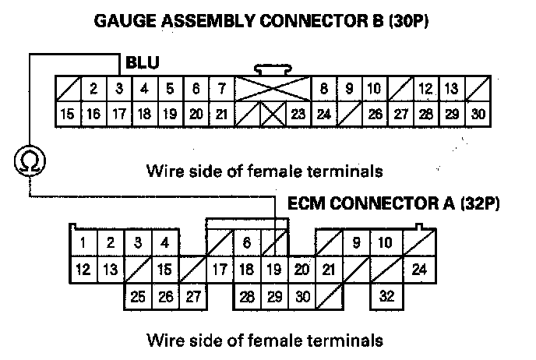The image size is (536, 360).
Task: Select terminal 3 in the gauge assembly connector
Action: pos(118,89)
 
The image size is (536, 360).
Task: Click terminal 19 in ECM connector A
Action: pos(273,270)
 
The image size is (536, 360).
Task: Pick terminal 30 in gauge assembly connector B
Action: pos(479,115)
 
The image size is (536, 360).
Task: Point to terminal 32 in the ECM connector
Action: pos(384,296)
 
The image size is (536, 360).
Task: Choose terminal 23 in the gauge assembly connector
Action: pos(298,115)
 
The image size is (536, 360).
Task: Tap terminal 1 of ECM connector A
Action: pos(83,243)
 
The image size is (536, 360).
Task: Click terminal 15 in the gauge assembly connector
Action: pos(67,115)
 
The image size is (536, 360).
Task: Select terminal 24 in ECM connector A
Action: pos(419,270)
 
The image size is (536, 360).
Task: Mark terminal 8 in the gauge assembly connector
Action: pos(324,89)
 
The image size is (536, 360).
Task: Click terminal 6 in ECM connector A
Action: pos(246,243)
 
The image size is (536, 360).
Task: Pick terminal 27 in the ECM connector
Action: pos(192,296)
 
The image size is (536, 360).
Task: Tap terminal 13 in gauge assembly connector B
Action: pos(451,89)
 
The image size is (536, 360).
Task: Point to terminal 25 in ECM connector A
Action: pos(138,296)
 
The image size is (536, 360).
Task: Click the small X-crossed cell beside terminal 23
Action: pos(273,115)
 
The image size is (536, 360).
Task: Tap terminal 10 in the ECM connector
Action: pos(384,243)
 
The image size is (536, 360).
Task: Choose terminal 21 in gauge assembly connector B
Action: pos(221,115)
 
